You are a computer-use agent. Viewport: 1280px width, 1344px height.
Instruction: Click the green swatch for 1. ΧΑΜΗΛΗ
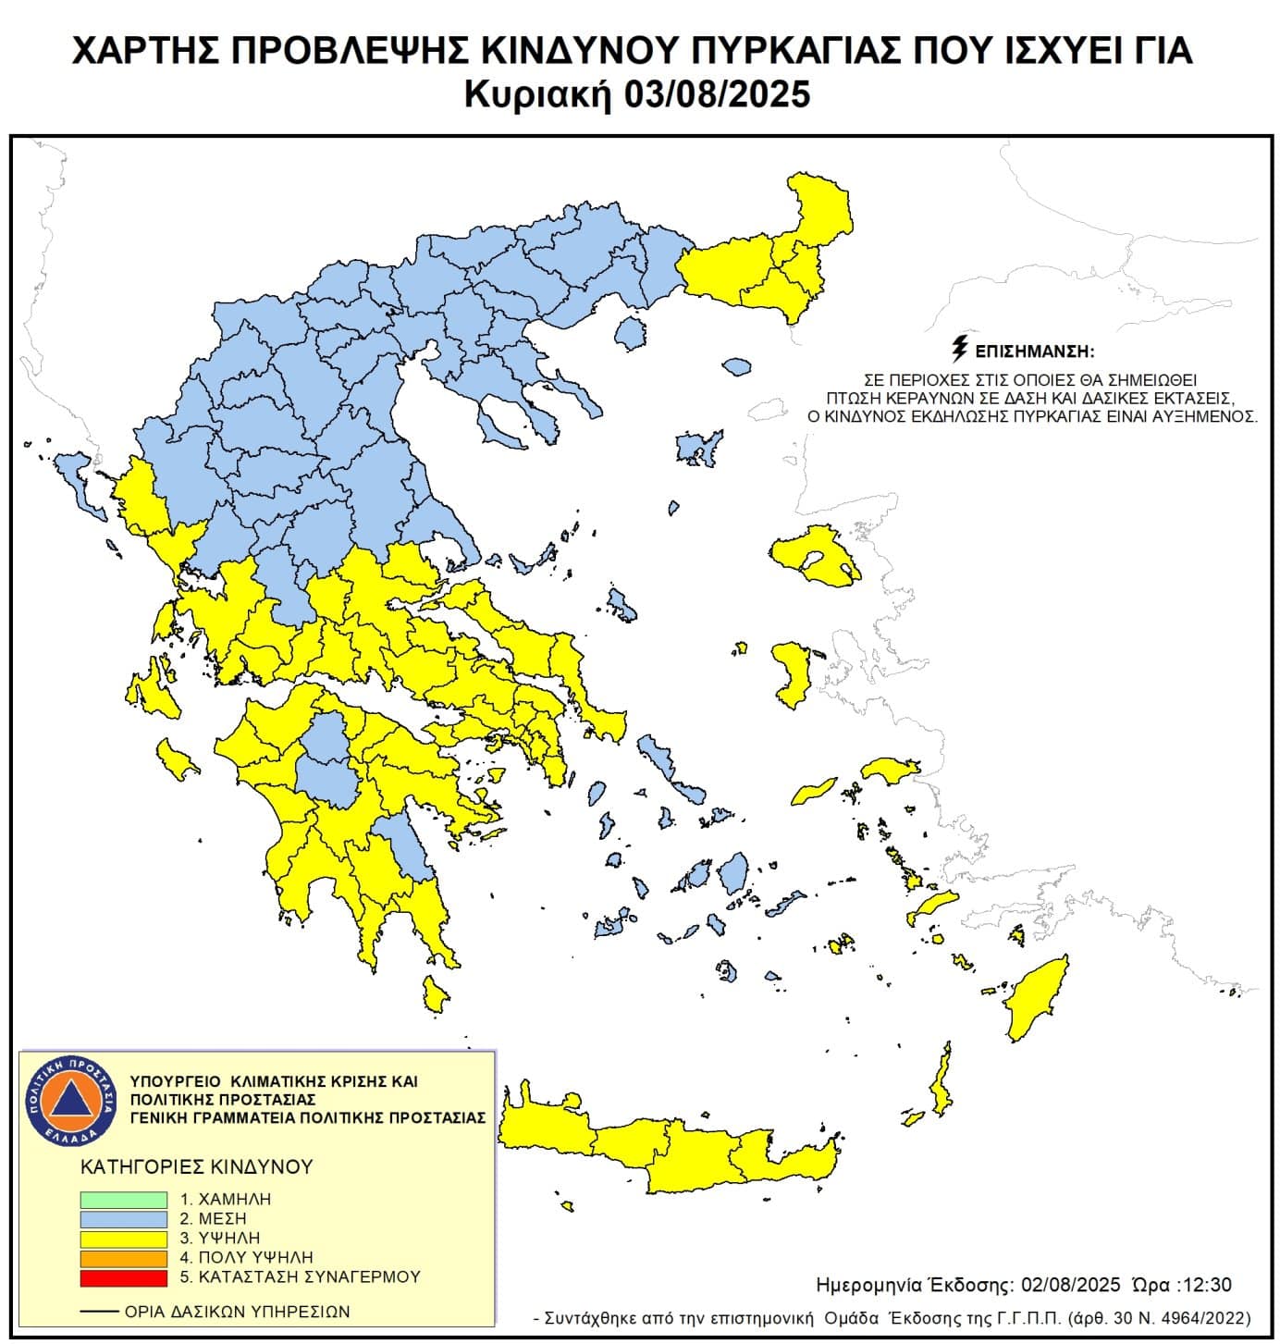point(123,1199)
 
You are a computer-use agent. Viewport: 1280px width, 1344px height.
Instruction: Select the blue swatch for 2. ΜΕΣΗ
point(123,1218)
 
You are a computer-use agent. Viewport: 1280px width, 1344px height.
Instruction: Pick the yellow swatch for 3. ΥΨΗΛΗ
point(123,1238)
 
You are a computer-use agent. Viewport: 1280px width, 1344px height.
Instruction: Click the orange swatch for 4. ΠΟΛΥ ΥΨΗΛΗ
point(123,1258)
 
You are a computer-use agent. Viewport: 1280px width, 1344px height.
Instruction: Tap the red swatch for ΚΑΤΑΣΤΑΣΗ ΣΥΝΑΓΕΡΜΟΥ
point(123,1277)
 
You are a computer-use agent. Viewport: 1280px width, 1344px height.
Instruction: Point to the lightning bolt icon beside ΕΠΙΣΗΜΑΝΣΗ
point(960,351)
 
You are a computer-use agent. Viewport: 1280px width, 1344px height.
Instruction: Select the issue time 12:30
point(1206,1285)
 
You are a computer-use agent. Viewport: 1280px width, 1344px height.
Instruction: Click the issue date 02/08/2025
point(1071,1285)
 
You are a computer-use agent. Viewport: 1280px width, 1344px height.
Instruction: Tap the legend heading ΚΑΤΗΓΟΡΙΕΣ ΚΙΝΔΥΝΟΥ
point(197,1166)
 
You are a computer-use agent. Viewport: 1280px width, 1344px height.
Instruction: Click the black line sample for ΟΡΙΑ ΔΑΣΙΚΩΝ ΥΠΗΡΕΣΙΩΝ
point(99,1312)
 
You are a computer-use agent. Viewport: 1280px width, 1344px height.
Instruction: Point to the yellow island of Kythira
point(433,993)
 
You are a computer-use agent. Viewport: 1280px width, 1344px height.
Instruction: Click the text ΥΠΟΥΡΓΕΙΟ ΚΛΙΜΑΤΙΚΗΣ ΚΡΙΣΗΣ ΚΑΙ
point(275,1080)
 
